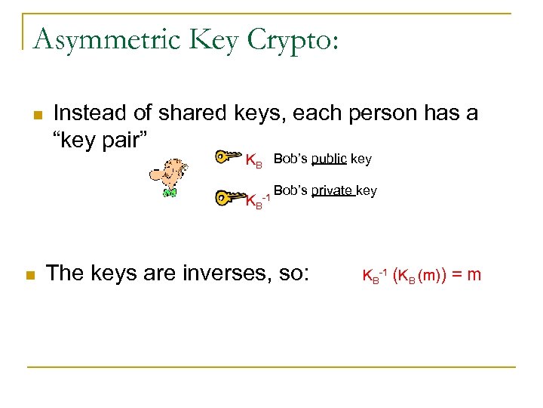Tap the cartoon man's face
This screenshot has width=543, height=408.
point(169,175)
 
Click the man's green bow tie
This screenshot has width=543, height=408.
point(170,194)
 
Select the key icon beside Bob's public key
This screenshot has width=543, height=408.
point(226,157)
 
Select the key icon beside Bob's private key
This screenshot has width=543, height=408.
point(226,196)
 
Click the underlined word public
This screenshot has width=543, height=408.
point(329,159)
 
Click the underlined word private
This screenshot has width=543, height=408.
point(333,191)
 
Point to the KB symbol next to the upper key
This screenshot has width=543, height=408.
point(254,160)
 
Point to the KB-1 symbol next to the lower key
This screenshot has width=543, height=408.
point(258,200)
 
